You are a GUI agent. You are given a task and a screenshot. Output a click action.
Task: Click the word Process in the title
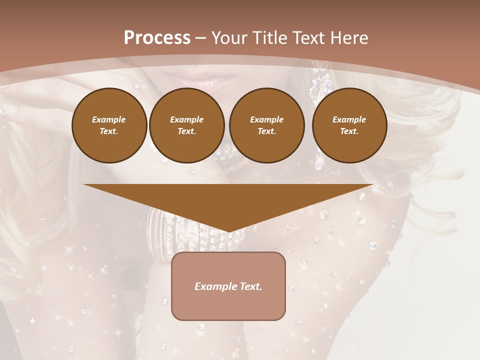click(x=157, y=38)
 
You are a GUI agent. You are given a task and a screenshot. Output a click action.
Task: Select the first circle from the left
click(x=109, y=125)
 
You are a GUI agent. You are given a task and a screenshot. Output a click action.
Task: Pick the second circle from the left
click(x=187, y=125)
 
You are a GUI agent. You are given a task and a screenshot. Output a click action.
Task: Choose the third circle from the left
click(x=267, y=125)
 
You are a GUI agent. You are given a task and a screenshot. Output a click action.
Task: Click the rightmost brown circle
click(x=349, y=125)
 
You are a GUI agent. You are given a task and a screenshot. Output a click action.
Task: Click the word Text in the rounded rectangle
click(x=251, y=286)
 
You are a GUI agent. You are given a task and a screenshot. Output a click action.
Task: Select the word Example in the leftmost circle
click(x=109, y=119)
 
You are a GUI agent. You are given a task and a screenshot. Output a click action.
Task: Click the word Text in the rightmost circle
click(x=349, y=131)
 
